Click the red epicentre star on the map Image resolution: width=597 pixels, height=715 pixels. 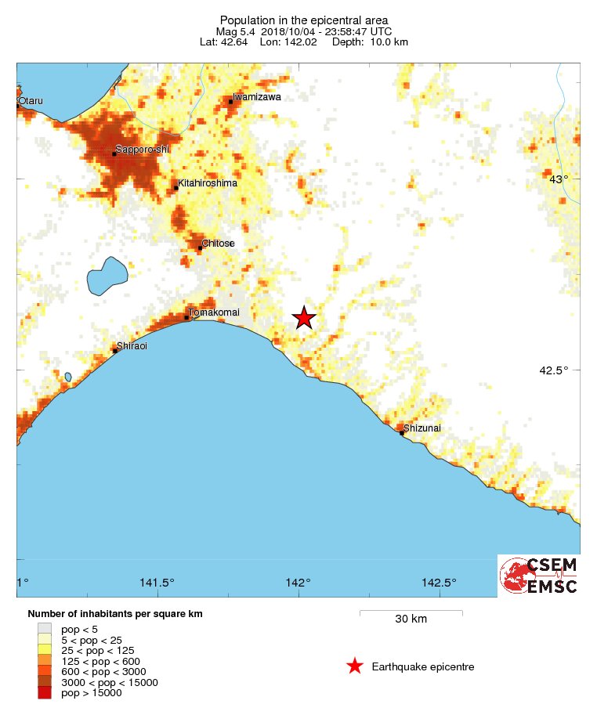[304, 317]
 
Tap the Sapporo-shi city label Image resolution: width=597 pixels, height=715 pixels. [142, 150]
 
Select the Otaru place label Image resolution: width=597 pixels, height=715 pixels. [31, 101]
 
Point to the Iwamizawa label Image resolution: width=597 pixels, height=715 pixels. [256, 97]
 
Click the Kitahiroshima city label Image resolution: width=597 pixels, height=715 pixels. [208, 183]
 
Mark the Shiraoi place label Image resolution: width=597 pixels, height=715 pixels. [132, 345]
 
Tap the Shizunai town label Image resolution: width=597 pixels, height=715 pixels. [422, 428]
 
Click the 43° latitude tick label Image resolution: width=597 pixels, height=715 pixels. [559, 179]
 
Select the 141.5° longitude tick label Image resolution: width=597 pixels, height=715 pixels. [157, 583]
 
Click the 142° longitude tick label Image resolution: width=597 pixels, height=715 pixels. [298, 583]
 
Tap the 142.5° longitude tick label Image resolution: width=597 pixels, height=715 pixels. [439, 583]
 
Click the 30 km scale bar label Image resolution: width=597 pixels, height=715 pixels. [411, 619]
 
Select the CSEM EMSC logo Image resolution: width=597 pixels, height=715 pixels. [539, 576]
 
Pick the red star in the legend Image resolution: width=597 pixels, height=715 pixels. [355, 666]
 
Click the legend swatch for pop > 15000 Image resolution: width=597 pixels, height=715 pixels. [45, 692]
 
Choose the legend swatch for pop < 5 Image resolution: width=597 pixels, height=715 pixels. [45, 628]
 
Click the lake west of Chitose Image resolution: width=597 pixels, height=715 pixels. [107, 276]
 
